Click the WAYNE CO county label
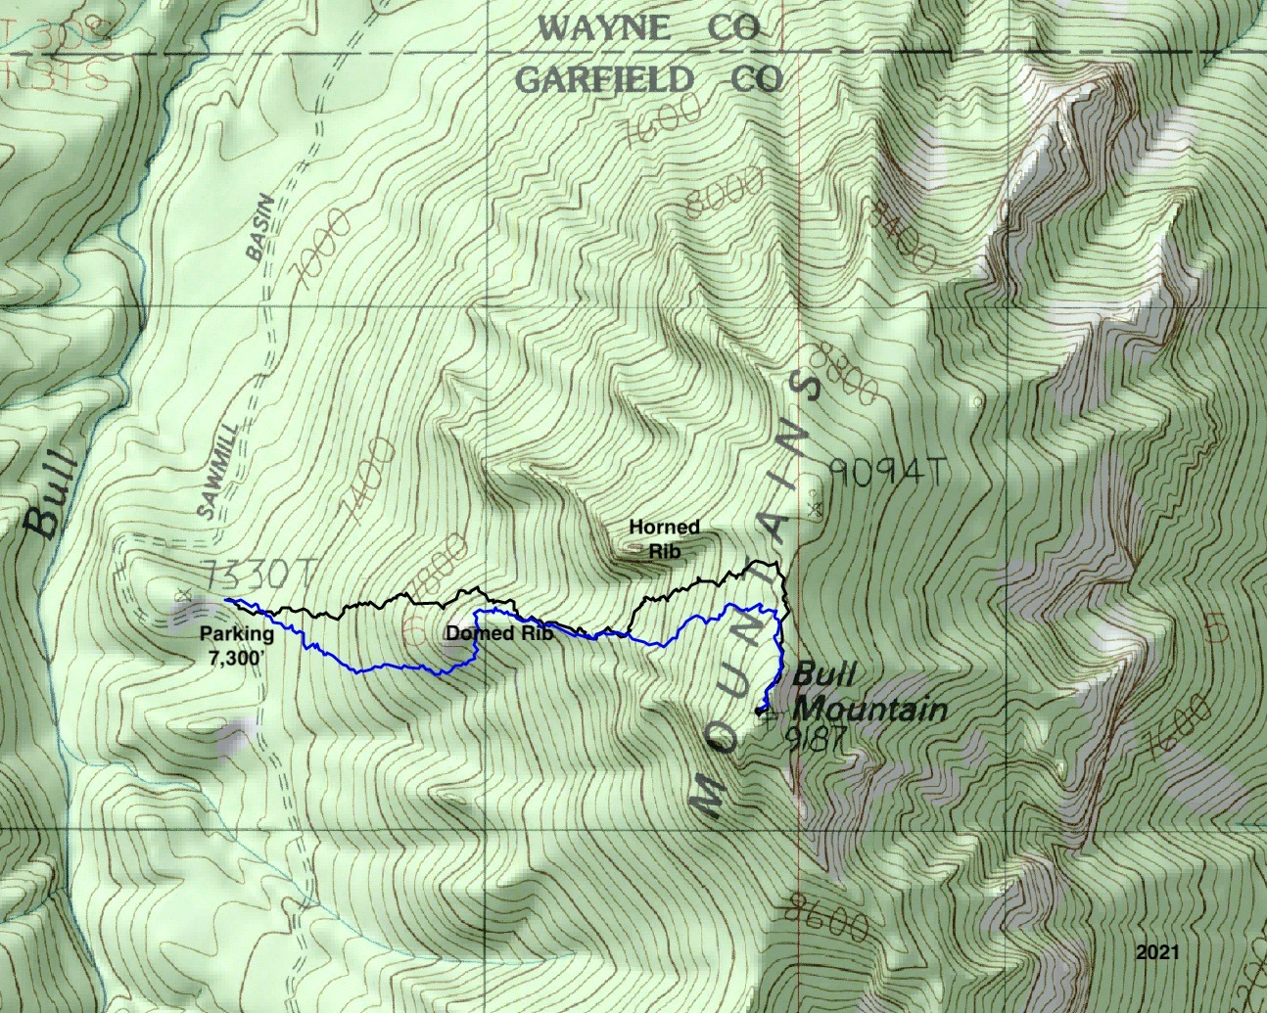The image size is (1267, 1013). [649, 28]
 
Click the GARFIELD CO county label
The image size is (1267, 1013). [648, 79]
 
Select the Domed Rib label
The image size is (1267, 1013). [499, 633]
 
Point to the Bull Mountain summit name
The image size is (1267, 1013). [868, 692]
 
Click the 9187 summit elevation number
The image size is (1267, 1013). [816, 738]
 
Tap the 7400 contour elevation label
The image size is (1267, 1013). [369, 477]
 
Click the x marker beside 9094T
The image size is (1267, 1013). [816, 508]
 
